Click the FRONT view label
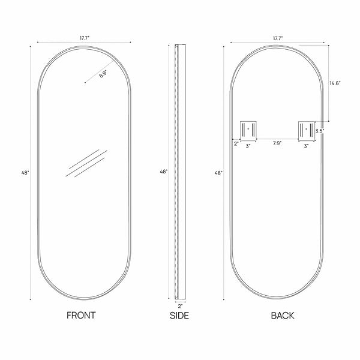pos(81,315)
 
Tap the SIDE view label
pos(179,316)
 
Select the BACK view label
pos(283,316)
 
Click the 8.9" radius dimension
pos(103,74)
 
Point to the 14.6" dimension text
pos(335,83)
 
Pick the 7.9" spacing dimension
pos(277,143)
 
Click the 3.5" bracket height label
pos(319,131)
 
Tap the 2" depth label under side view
pos(180,306)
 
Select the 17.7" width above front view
pos(85,38)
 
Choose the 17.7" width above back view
pos(278,38)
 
